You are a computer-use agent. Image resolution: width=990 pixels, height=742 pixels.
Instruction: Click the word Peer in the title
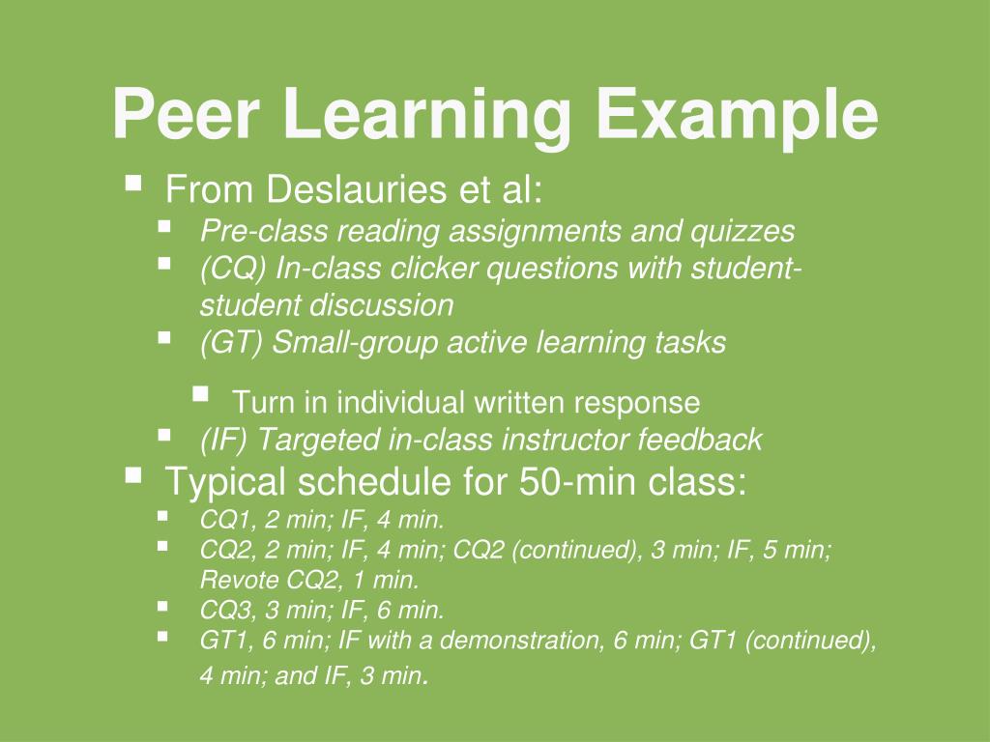[185, 115]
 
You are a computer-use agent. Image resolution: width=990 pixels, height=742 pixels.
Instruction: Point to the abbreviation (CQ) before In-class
[233, 268]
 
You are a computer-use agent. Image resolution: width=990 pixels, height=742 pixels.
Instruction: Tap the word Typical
[226, 481]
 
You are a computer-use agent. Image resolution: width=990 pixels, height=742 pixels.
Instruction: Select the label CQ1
[221, 521]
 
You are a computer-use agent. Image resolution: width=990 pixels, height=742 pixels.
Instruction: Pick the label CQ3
[221, 611]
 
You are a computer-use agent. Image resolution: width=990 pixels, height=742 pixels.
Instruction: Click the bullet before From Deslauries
[133, 180]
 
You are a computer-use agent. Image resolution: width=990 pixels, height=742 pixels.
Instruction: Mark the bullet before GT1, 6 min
[163, 637]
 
